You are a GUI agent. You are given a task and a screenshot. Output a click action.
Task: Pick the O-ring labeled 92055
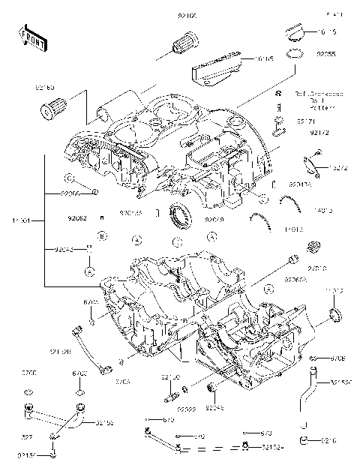295,52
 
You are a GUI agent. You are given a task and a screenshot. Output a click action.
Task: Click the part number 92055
326,55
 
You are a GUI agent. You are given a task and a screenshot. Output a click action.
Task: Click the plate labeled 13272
312,160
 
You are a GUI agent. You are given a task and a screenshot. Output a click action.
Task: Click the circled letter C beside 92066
67,178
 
